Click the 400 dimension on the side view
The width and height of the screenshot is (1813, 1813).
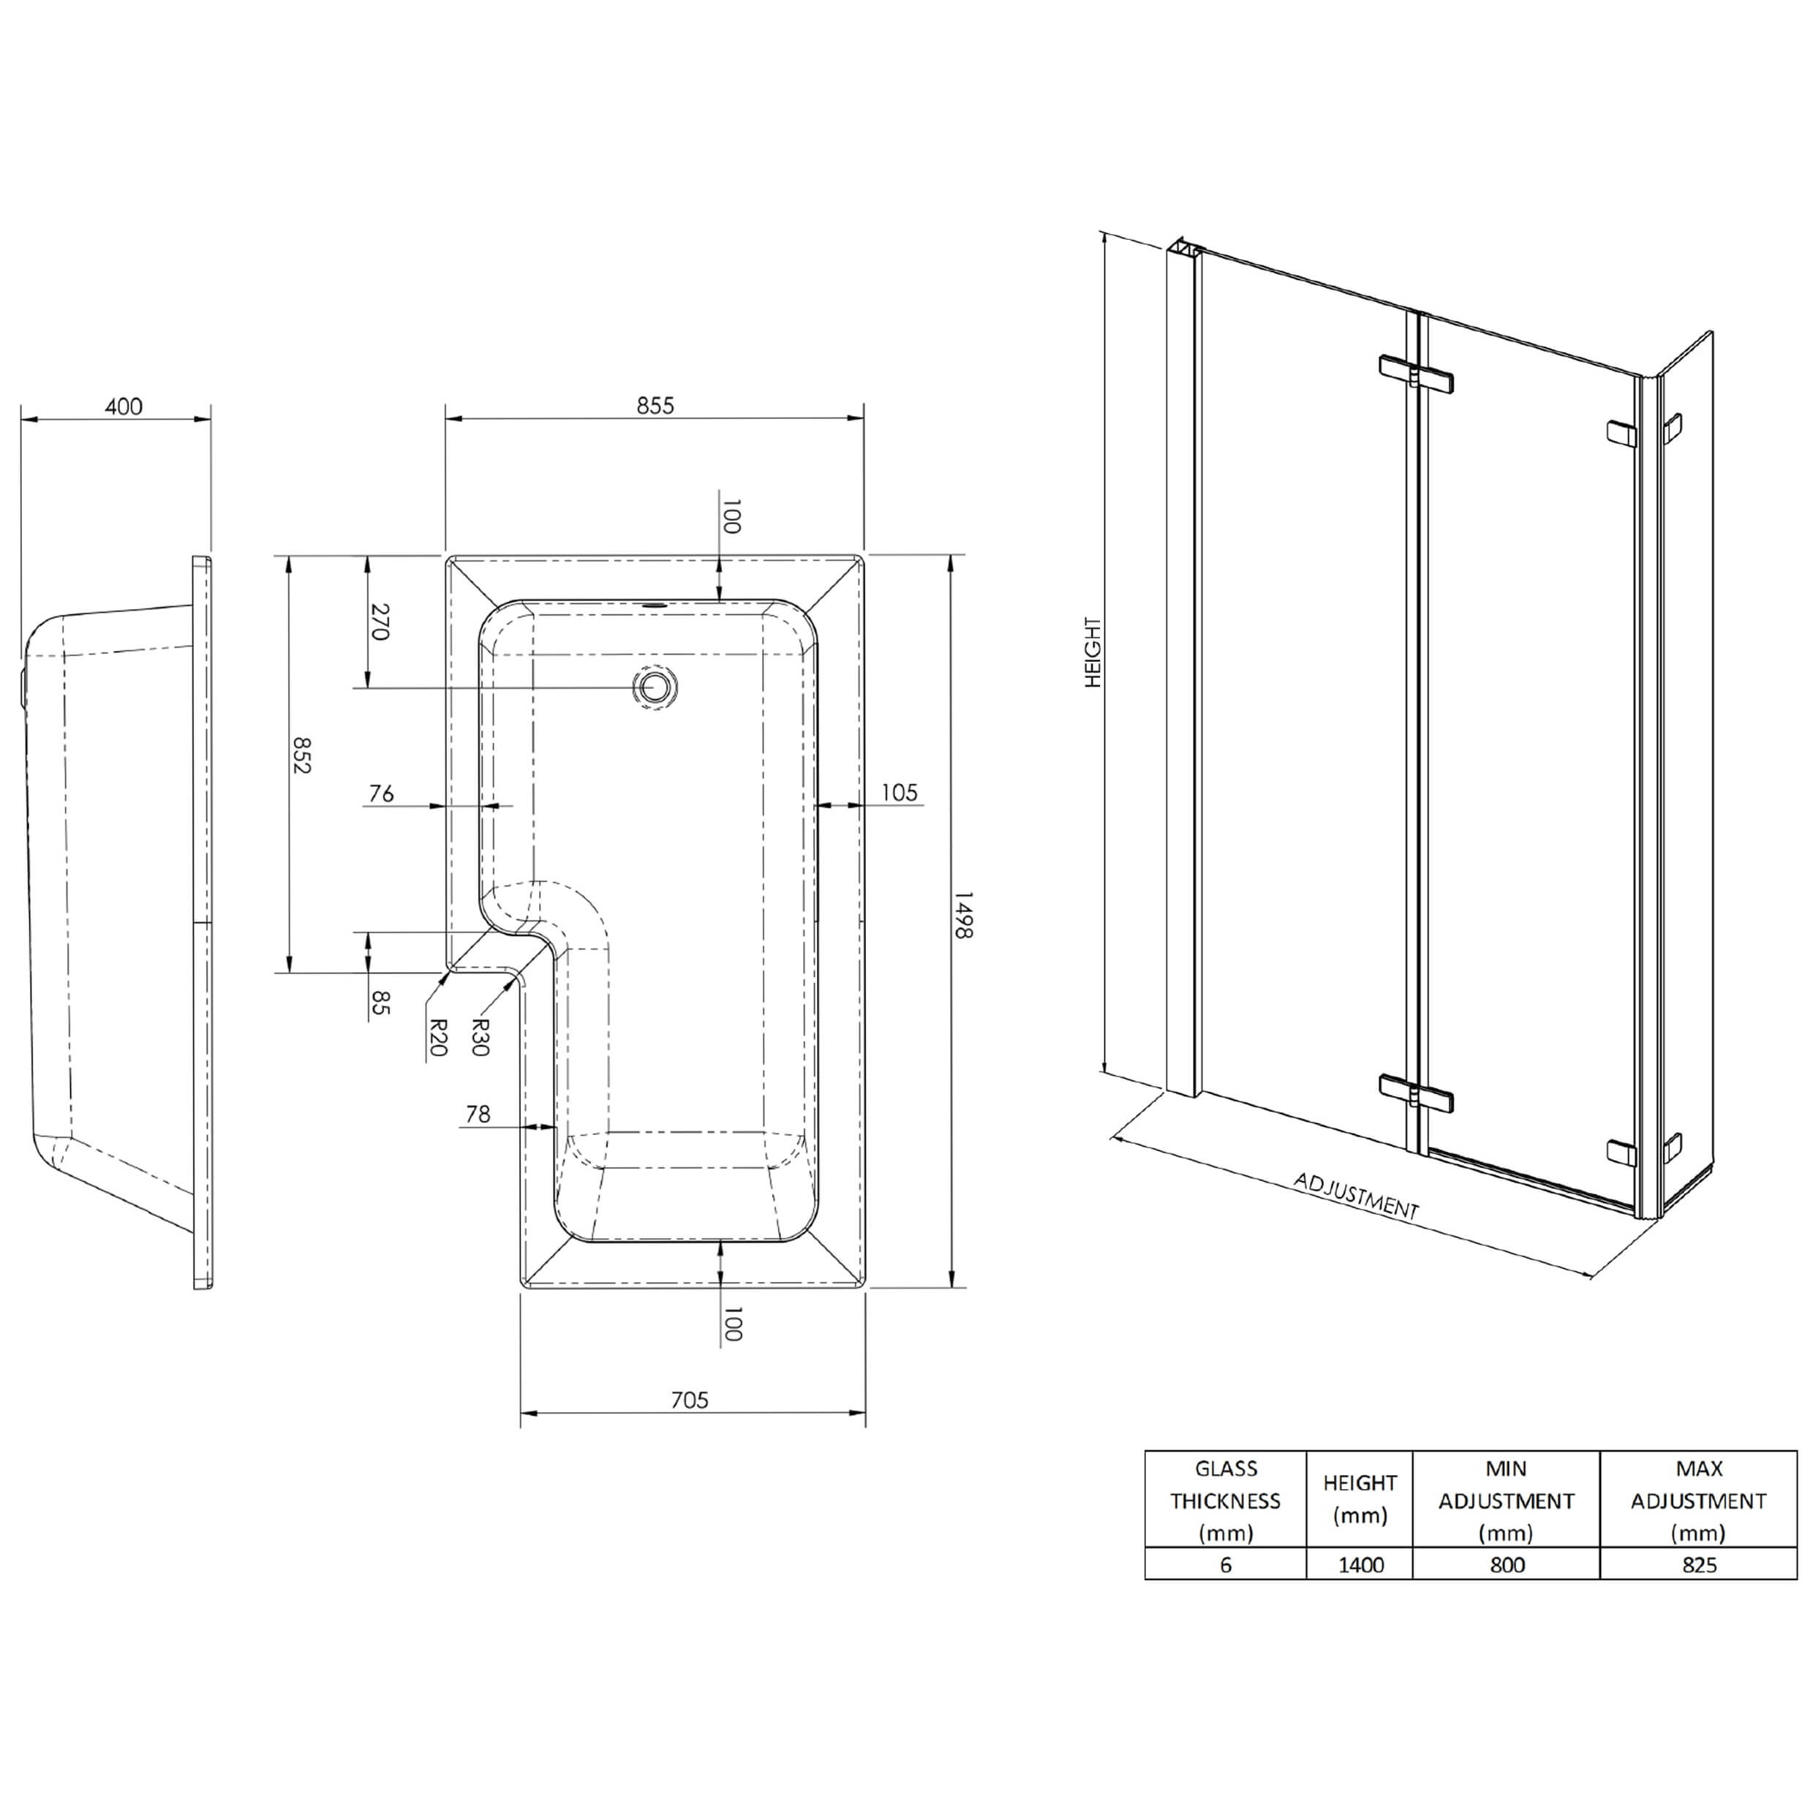click(124, 407)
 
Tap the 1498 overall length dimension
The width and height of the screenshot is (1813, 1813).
click(964, 915)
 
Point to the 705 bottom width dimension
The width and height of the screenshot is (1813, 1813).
click(690, 1400)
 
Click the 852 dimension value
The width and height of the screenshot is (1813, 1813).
click(301, 755)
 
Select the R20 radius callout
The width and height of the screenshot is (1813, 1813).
click(437, 1038)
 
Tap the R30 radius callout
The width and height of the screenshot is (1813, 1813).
click(480, 1038)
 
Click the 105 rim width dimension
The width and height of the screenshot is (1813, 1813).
click(898, 793)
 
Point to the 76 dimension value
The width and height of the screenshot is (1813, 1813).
click(381, 794)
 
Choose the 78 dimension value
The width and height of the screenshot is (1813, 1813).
click(478, 1114)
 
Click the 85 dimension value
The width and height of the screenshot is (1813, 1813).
click(379, 1002)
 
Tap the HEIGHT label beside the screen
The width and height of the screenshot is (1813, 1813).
click(1093, 652)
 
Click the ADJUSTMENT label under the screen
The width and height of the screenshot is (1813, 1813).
click(1355, 1196)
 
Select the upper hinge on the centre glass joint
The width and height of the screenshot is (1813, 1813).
click(1415, 374)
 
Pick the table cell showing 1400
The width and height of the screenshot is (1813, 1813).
click(1360, 1564)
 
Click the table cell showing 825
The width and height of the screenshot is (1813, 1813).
click(1698, 1564)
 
